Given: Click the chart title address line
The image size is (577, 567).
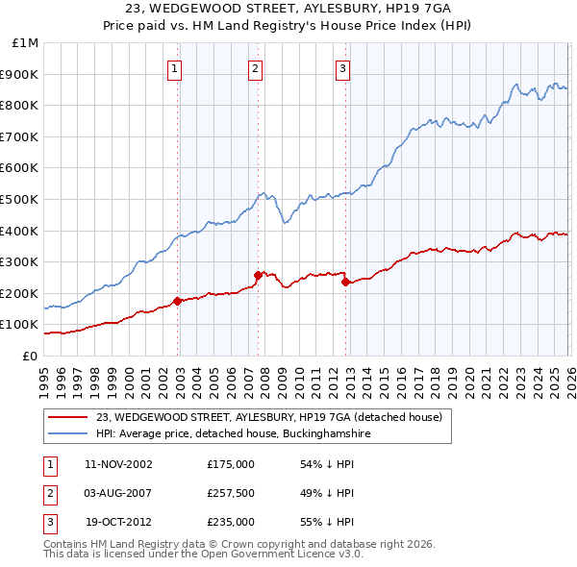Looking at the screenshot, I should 288,8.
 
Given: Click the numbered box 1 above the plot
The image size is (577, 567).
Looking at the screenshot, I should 174,67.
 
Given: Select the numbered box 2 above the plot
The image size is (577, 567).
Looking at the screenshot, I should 255,67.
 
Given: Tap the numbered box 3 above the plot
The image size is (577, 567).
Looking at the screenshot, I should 343,67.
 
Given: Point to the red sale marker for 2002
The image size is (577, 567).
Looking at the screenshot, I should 178,301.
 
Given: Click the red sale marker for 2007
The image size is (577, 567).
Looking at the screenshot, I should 258,275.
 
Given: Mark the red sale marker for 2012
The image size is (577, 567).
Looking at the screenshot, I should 346,282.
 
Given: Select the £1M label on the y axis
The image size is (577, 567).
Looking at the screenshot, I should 25,43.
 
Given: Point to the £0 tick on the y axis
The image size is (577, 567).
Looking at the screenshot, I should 30,356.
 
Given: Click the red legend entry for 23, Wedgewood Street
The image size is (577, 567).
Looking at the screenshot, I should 268,417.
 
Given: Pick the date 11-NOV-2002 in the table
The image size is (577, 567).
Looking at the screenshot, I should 118,464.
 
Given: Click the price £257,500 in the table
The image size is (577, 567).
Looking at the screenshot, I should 231,493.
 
